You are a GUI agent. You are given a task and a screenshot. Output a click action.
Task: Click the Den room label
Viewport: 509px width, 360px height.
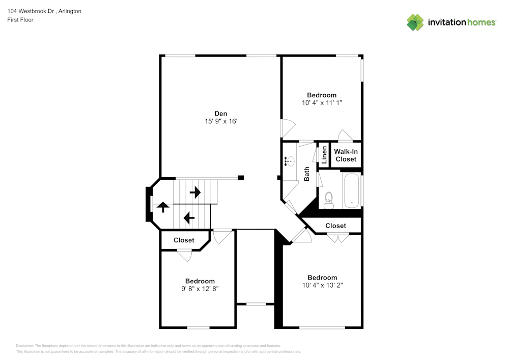click(220, 113)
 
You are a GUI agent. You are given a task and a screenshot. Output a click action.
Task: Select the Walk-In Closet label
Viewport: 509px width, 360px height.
click(346, 155)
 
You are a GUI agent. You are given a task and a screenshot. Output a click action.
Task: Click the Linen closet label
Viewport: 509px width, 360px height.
click(324, 155)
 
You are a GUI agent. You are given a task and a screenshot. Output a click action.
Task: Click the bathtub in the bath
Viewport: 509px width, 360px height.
click(352, 190)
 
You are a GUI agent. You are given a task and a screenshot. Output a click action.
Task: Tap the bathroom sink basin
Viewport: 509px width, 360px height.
click(290, 162)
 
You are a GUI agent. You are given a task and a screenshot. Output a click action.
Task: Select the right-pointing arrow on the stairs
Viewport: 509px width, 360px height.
click(195, 192)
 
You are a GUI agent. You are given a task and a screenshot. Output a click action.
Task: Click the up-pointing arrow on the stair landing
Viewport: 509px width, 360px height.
click(163, 207)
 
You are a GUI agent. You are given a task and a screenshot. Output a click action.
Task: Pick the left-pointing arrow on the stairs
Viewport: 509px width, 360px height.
click(189, 218)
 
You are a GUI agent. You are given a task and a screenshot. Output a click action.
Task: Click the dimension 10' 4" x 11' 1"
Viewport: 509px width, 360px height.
click(322, 103)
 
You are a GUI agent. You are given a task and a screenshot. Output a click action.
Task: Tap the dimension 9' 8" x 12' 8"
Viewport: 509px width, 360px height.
click(200, 289)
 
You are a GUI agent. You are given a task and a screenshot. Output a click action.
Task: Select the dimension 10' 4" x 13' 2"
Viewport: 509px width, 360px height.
click(322, 285)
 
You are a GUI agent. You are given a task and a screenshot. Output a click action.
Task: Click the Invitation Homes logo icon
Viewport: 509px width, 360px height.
click(415, 22)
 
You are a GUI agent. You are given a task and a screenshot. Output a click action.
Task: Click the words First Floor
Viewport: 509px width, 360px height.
click(20, 20)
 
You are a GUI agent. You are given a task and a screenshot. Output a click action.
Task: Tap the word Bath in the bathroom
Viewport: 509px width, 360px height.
click(307, 174)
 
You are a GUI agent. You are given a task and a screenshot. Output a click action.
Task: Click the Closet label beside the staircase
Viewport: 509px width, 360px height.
click(184, 240)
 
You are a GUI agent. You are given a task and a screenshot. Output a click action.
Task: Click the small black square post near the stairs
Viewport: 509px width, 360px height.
click(241, 178)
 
